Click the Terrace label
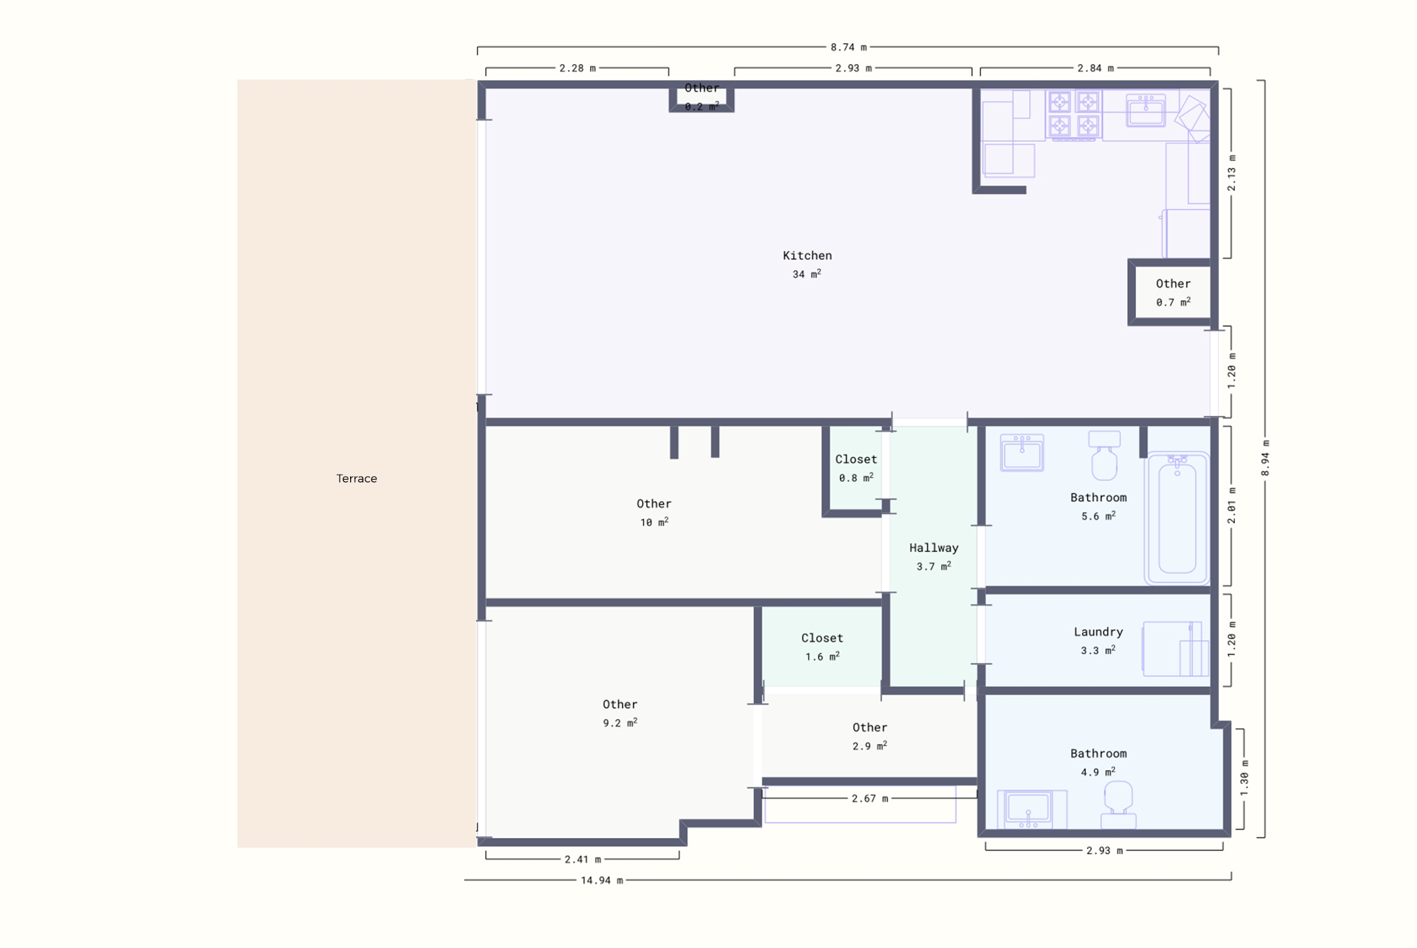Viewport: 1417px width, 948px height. pos(356,478)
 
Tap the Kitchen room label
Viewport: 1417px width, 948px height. pos(807,255)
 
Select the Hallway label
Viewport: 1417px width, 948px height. pos(933,547)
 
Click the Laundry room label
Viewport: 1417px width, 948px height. pos(1098,632)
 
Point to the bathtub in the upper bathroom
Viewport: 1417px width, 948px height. pos(1176,518)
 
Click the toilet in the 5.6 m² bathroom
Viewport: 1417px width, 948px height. pos(1104,455)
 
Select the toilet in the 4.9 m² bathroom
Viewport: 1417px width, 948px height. pos(1118,805)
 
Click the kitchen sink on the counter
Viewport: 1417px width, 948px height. pos(1146,110)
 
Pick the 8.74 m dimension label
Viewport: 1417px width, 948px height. pos(848,47)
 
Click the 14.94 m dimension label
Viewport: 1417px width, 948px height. pos(601,880)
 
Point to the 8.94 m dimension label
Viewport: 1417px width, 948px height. pos(1265,458)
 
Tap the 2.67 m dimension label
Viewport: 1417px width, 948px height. pos(869,799)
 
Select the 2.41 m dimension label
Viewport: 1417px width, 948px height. pos(583,859)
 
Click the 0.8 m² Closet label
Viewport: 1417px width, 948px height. pos(856,468)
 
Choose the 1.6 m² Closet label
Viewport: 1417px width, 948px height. pos(822,647)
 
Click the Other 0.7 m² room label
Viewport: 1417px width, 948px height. pos(1173,293)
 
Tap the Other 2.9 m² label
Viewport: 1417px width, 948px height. pos(870,736)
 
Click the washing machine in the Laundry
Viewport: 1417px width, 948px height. pos(1176,648)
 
